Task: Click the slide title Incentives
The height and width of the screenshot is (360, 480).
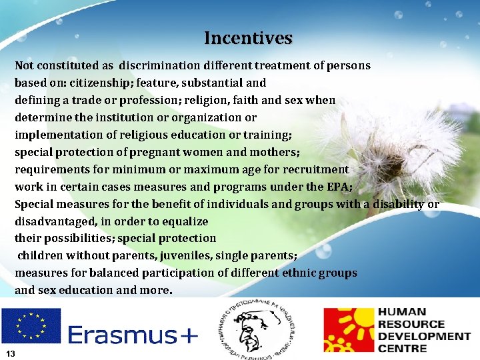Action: click(x=248, y=38)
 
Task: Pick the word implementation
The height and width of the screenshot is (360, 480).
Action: click(x=55, y=135)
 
